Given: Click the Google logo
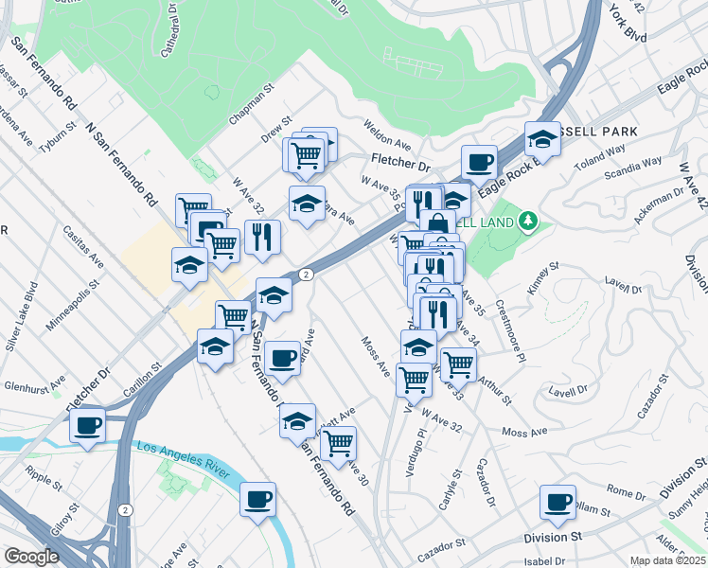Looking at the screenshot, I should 31,557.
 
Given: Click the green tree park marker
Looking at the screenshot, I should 528,222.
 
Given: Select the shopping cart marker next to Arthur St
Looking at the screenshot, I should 457,362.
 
